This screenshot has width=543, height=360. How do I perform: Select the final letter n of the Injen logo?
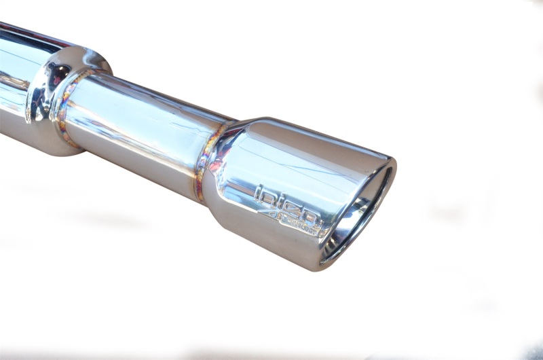point(313,219)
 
